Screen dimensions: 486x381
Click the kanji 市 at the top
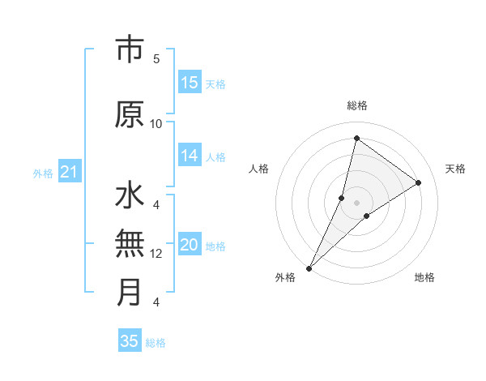130,51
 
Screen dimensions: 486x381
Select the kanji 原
130,114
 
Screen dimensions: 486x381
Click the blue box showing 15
190,83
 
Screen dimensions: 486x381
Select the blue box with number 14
190,156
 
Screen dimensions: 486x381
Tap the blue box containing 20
190,246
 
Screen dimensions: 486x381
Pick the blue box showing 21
69,172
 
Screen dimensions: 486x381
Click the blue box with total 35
130,341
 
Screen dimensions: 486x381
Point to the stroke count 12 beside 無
156,254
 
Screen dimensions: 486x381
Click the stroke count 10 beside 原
156,123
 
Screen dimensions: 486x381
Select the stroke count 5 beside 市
156,58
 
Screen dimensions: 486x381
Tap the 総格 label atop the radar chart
357,105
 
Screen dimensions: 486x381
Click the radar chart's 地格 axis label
424,277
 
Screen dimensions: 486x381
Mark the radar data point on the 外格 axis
309,268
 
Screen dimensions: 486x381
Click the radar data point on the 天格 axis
419,182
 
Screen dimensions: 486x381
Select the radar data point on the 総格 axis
356,138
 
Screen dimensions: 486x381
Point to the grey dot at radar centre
356,202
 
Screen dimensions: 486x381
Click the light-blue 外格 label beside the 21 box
43,173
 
